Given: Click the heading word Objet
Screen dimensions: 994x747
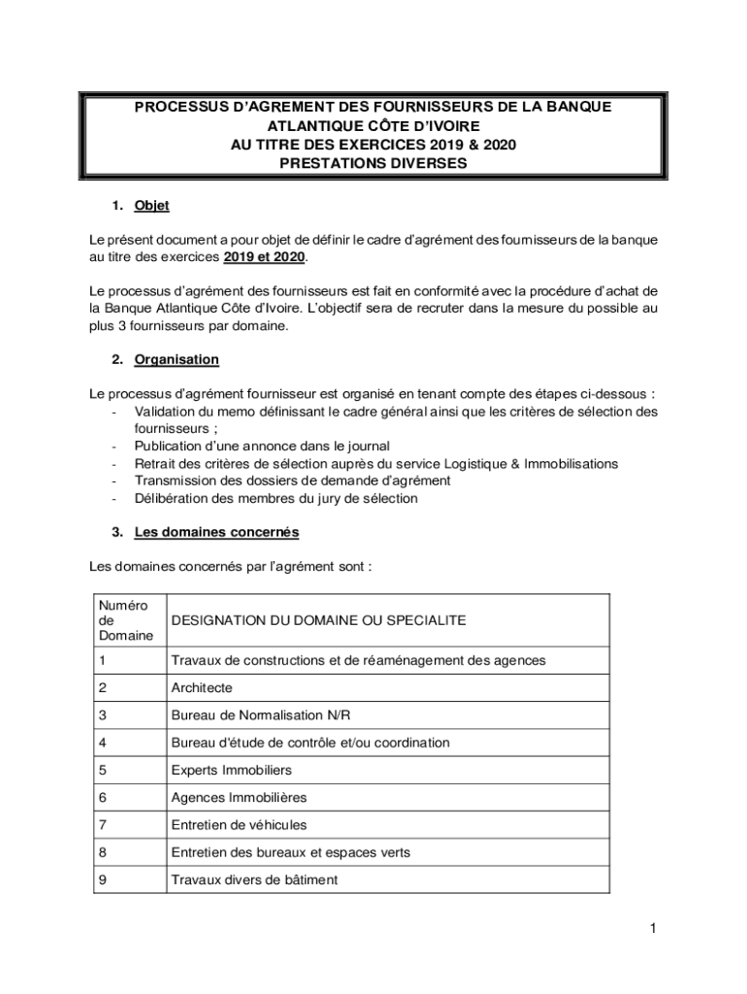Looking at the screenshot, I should tap(152, 205).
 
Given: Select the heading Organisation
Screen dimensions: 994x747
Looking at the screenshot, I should tap(177, 359).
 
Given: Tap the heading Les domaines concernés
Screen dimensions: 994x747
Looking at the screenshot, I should tap(216, 532).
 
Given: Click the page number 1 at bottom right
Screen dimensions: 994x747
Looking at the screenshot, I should tap(654, 929).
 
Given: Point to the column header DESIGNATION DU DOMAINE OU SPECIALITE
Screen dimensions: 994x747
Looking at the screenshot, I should tap(318, 620).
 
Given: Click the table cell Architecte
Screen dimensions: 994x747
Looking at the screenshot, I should tap(202, 687).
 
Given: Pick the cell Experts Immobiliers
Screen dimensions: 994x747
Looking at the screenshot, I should tap(231, 770).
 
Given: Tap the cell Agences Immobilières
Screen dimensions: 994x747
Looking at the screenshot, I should tap(239, 797).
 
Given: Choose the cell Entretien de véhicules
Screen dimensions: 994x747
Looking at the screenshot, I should tap(239, 824).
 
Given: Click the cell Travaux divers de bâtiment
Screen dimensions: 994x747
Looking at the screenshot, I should tap(254, 879).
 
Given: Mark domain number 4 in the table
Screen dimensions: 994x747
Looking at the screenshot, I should tap(102, 743).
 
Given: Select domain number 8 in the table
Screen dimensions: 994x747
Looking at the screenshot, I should tap(102, 852).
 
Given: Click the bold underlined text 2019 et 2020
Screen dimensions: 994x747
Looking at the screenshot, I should tap(264, 257).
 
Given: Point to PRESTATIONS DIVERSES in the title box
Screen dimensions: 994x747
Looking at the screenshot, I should tap(373, 163).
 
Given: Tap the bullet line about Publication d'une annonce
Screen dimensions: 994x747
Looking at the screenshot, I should tap(262, 447).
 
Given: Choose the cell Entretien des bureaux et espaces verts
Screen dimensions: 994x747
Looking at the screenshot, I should tap(290, 852).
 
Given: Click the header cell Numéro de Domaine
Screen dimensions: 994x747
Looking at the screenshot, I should tap(125, 620).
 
